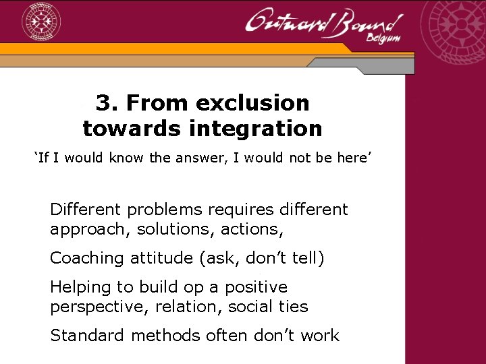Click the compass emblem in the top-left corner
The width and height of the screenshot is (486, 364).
[42, 22]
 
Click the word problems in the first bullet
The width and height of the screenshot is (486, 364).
[163, 210]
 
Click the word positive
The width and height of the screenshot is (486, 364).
[256, 287]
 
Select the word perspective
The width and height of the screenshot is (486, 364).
[96, 307]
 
